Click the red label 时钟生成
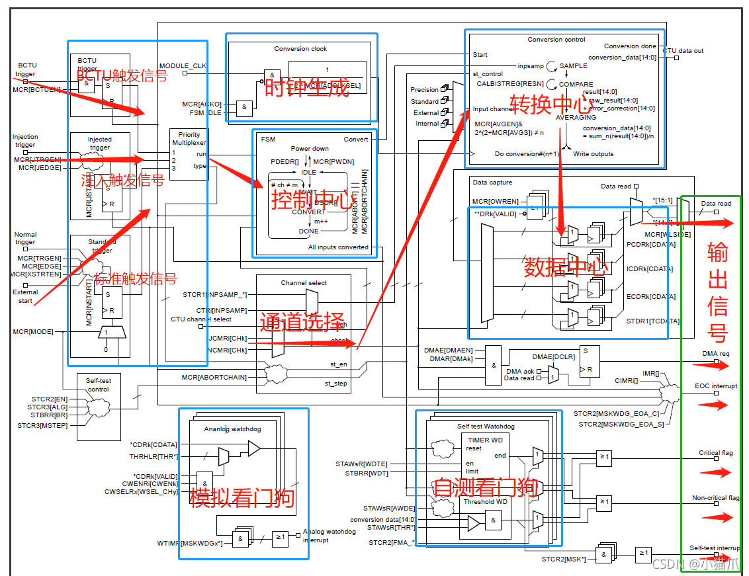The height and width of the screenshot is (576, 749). (x=306, y=89)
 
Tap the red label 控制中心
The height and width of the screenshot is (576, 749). (x=313, y=198)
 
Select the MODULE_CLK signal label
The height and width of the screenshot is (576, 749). (x=183, y=66)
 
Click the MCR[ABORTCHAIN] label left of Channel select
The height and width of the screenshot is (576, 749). (x=214, y=378)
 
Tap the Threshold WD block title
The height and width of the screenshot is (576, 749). (x=484, y=501)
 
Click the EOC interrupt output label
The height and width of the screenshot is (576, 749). (x=715, y=386)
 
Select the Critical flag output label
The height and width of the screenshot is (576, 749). (x=715, y=453)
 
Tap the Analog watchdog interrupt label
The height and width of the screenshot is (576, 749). (x=330, y=535)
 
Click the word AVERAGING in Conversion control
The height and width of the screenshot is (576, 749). (x=576, y=117)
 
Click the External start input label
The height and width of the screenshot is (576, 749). (x=25, y=296)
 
